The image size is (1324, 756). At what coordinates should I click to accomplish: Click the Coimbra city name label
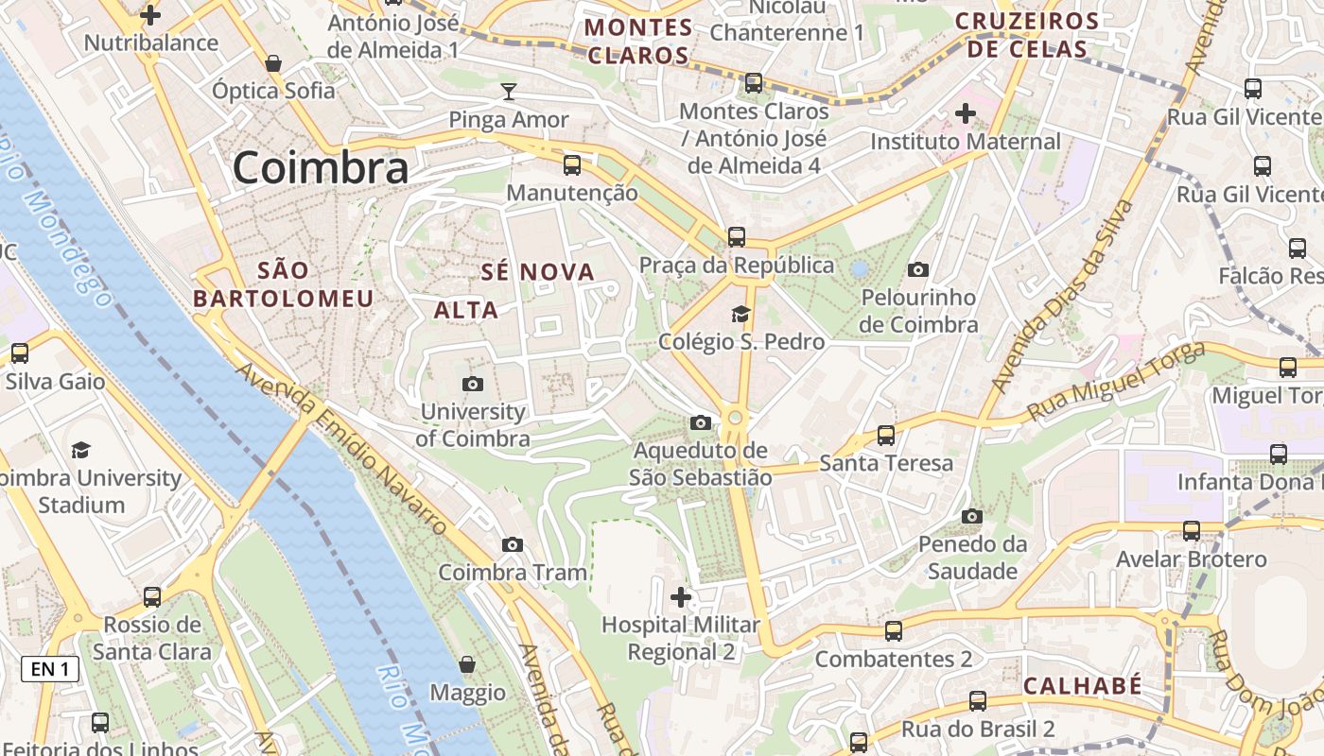click(321, 168)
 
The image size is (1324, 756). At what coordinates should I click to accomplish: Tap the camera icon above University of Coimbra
click(473, 384)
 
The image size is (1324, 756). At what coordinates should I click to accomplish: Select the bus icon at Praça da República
click(737, 237)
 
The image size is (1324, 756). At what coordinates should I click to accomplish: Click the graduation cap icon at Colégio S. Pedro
click(740, 314)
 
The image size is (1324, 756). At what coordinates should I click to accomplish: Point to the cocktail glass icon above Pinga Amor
click(509, 92)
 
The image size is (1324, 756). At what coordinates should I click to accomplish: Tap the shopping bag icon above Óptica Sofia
click(273, 63)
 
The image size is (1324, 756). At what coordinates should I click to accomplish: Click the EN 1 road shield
click(50, 669)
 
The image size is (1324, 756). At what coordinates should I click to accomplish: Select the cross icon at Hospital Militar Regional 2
click(681, 597)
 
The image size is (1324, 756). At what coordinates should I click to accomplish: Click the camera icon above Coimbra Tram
click(513, 544)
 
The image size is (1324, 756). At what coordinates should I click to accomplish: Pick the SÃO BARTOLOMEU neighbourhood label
click(284, 284)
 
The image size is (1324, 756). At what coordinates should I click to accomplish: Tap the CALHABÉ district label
click(1083, 685)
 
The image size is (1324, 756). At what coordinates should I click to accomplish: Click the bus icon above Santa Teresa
click(886, 436)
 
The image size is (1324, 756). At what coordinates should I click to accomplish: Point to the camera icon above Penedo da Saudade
click(972, 516)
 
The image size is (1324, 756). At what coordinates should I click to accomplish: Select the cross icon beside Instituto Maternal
click(966, 114)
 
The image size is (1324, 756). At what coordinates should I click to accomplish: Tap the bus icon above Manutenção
click(572, 165)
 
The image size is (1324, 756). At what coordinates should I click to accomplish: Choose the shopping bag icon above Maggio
click(467, 664)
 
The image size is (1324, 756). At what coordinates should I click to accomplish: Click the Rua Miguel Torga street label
click(1116, 384)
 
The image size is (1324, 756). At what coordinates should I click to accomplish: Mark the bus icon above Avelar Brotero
click(1192, 531)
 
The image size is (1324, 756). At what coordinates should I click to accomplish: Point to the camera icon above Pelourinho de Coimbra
click(918, 270)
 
